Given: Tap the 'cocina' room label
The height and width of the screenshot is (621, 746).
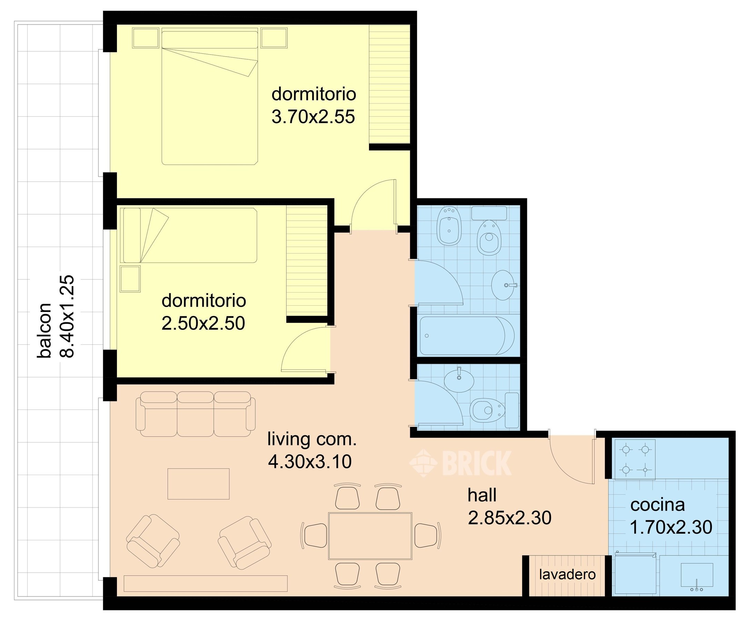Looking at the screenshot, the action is (x=658, y=505).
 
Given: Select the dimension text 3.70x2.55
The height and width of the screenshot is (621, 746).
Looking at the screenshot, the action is (x=313, y=117).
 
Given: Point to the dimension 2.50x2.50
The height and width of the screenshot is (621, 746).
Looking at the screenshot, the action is (x=203, y=323).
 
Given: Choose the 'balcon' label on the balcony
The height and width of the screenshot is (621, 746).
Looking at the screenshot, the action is (x=45, y=330).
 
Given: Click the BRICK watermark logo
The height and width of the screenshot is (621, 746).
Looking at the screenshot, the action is (x=460, y=463).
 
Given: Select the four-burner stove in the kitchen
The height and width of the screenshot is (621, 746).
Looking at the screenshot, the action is (x=635, y=460).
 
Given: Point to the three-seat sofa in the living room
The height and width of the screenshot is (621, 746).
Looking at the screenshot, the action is (x=195, y=414).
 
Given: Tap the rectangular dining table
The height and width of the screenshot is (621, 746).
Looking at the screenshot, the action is (x=370, y=536).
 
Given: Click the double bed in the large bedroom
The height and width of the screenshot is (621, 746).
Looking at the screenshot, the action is (x=210, y=98).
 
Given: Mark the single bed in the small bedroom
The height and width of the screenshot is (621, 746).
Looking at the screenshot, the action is (x=189, y=235).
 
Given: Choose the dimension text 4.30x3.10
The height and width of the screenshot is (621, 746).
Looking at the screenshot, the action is (x=310, y=462).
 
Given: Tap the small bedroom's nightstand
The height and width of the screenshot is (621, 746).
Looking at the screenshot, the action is (x=130, y=279).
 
